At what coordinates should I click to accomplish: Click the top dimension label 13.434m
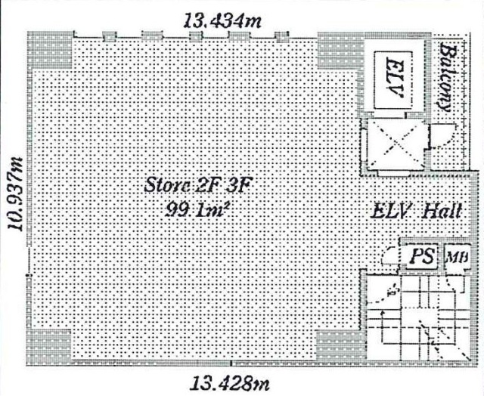pyautogui.click(x=223, y=21)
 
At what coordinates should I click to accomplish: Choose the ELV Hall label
pyautogui.click(x=416, y=211)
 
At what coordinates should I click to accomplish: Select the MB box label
pyautogui.click(x=458, y=256)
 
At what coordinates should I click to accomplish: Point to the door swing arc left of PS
pyautogui.click(x=388, y=257)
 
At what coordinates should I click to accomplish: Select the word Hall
pyautogui.click(x=442, y=211)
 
